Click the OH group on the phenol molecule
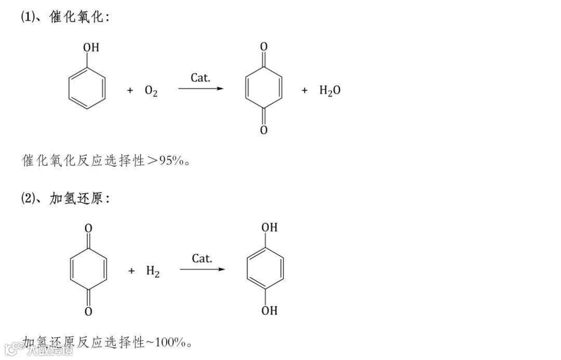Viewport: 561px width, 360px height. (x=91, y=48)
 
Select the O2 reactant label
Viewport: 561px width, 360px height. (x=151, y=91)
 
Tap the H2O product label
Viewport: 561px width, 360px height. (x=330, y=91)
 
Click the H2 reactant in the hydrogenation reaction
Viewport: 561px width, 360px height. (x=153, y=271)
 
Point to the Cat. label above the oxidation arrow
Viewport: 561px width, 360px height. (x=201, y=78)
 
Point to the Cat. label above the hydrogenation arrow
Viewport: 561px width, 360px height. (x=202, y=258)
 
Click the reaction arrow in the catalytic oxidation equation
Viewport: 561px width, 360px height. (x=201, y=89)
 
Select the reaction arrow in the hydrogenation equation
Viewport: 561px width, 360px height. (x=203, y=269)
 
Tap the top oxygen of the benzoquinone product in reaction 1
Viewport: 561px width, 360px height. (x=264, y=47)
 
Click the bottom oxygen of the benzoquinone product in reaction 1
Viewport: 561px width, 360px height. (x=264, y=130)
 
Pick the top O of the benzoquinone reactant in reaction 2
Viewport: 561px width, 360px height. (x=88, y=228)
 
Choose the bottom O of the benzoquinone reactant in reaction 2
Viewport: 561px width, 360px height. (x=88, y=311)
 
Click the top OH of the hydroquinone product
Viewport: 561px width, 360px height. (x=269, y=228)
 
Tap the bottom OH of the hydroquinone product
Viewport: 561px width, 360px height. (x=269, y=311)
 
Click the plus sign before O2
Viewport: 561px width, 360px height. (x=130, y=91)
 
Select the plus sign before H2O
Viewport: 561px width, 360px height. (x=305, y=90)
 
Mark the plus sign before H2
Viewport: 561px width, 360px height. (x=131, y=271)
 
